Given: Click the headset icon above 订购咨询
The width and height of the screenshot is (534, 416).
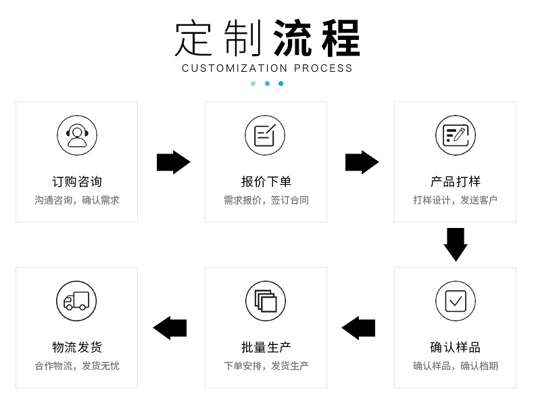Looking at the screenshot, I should [77, 135].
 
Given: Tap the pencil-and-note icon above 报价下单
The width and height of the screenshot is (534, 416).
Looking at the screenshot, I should [265, 135].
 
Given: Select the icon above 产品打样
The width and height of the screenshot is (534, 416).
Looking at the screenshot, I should [455, 135].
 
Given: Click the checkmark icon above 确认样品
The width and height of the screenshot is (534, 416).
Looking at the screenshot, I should [455, 301].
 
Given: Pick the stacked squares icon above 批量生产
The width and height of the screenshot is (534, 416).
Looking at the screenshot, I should [265, 301].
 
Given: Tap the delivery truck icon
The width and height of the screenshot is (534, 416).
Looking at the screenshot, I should [76, 301].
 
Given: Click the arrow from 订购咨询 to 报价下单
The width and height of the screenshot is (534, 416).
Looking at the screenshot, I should [173, 162].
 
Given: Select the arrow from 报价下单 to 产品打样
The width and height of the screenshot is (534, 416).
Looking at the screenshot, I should [362, 162].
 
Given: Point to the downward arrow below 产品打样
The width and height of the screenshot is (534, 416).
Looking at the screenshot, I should [456, 244].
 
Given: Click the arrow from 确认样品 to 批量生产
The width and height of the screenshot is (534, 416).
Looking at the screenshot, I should [358, 328].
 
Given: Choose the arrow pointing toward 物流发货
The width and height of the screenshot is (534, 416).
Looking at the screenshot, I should [170, 328].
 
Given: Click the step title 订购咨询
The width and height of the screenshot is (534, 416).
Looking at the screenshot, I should [77, 182].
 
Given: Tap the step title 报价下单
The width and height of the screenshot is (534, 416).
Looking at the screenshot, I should [266, 182].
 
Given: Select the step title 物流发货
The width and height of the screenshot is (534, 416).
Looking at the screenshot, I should [77, 348].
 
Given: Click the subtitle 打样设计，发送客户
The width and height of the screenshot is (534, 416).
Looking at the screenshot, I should [455, 200].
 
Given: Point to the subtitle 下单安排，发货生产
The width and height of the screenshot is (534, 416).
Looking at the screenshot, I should [266, 366].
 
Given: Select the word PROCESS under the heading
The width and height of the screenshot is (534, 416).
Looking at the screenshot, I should [323, 68].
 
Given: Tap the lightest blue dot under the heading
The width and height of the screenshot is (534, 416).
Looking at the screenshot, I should [253, 84].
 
